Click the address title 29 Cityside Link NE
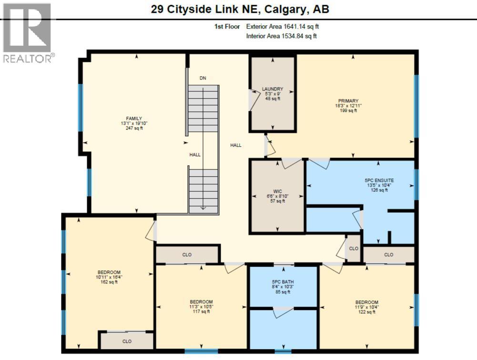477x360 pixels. [x=240, y=9]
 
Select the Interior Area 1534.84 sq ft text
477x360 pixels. [x=282, y=36]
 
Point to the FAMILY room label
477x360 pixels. [x=134, y=119]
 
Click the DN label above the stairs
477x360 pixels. [x=203, y=78]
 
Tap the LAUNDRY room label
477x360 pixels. [x=273, y=89]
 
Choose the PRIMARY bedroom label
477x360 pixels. [x=348, y=100]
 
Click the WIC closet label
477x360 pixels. [x=277, y=191]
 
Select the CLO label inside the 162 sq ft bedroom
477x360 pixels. [x=126, y=341]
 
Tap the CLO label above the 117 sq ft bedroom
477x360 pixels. [x=187, y=255]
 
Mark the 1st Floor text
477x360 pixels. [x=227, y=27]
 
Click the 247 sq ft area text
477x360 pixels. [x=134, y=129]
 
